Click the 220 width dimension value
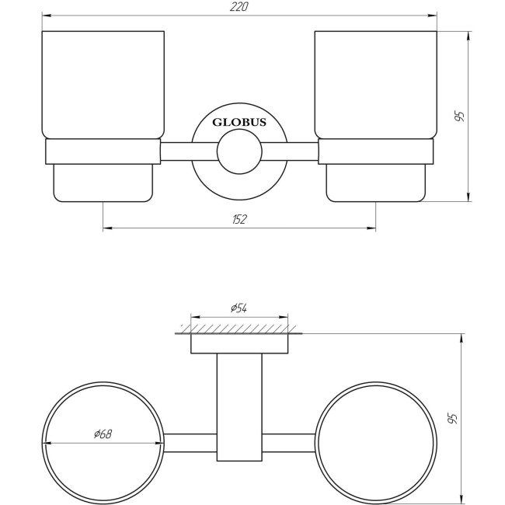(x=240, y=6)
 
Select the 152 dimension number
(x=239, y=220)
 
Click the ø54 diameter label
(x=239, y=308)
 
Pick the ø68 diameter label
(x=103, y=434)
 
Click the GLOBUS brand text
(x=239, y=122)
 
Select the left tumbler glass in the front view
(x=103, y=85)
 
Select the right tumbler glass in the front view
(x=376, y=85)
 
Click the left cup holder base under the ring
(x=103, y=183)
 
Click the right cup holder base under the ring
(x=376, y=183)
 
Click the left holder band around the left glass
(x=103, y=152)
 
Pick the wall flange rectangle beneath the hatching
(x=239, y=344)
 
